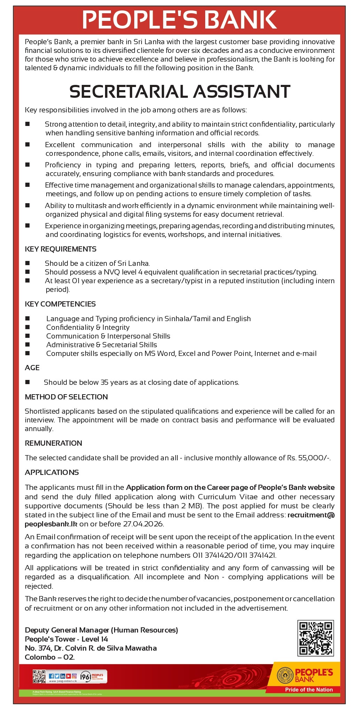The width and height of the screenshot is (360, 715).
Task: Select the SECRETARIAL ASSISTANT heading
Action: tap(180, 92)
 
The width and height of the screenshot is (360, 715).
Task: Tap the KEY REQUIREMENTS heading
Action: tap(61, 249)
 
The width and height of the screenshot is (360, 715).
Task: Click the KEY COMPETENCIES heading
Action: tap(60, 304)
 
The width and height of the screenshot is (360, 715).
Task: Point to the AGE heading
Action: tap(32, 368)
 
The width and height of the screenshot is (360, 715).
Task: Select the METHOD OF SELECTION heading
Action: tap(66, 397)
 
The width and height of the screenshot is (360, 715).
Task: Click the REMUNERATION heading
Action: tap(53, 443)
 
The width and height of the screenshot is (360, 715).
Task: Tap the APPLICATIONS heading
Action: tap(51, 472)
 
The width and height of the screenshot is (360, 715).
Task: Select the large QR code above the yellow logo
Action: tap(316, 638)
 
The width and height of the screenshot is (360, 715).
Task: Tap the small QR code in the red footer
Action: tap(39, 676)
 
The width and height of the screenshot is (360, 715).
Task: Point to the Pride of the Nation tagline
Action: tap(309, 690)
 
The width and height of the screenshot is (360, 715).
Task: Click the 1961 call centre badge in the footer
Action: tap(94, 677)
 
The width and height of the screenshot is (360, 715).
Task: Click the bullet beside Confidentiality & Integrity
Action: tap(27, 327)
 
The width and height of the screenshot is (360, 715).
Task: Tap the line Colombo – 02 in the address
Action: tap(50, 657)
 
